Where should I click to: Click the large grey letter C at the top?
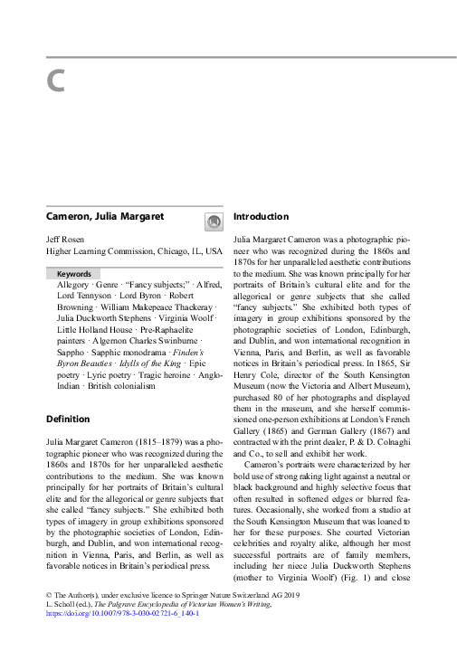(x=55, y=81)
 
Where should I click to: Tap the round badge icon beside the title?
(x=214, y=221)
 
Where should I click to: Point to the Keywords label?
(x=73, y=273)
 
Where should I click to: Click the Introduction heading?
(x=262, y=217)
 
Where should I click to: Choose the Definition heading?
(x=68, y=419)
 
